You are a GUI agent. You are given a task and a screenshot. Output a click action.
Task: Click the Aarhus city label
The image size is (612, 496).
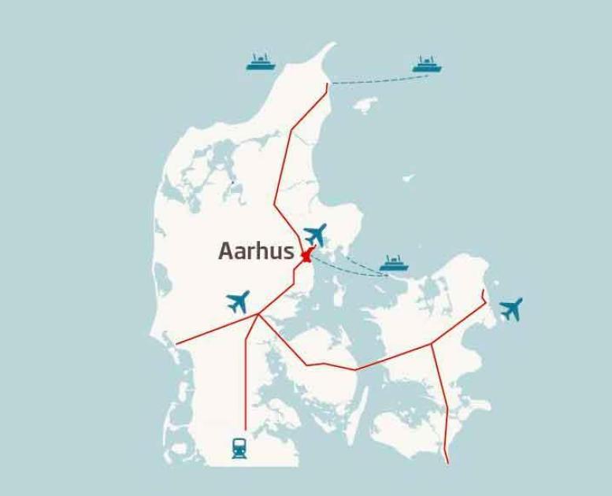tap(256, 252)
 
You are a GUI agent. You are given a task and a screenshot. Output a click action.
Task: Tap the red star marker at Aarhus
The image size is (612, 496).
tap(306, 255)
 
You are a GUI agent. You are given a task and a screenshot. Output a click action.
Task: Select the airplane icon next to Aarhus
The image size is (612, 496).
tap(315, 234)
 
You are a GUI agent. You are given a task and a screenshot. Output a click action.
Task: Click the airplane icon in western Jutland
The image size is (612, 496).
tap(238, 301)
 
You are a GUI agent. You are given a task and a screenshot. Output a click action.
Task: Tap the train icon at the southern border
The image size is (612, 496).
tap(239, 448)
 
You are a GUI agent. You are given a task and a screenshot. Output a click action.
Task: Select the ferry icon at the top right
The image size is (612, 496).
tap(427, 65)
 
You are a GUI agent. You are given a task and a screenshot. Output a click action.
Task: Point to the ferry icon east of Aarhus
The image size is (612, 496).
tap(395, 264)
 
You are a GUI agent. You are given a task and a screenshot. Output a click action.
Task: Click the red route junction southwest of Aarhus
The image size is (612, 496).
tap(258, 315)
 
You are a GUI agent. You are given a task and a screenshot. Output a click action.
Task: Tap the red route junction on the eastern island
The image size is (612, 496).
tap(432, 343)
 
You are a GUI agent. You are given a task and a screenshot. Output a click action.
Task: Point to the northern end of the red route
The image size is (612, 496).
tap(328, 83)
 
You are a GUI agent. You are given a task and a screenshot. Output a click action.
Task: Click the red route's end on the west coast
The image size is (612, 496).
tap(176, 344)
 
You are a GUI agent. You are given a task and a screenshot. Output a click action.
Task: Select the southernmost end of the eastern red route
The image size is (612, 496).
tap(447, 462)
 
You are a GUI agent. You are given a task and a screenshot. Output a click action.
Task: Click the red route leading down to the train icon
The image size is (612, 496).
tap(247, 378)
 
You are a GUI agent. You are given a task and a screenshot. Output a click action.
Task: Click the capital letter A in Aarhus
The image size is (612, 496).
tap(227, 252)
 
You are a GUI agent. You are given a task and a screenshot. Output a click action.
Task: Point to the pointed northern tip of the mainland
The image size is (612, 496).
tap(333, 46)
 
